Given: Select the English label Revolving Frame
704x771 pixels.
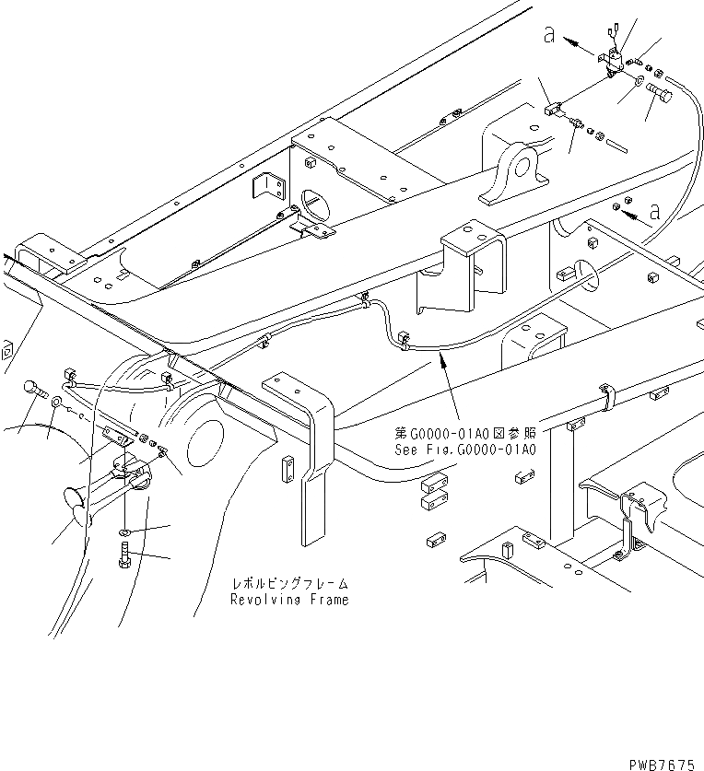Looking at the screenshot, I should (x=289, y=600).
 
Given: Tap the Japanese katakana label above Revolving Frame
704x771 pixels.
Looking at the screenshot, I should (x=289, y=584).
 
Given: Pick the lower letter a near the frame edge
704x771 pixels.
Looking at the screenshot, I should (x=654, y=212).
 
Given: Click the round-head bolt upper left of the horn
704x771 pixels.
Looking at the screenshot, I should (x=34, y=389).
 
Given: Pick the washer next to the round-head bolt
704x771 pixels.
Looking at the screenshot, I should (x=57, y=402).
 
